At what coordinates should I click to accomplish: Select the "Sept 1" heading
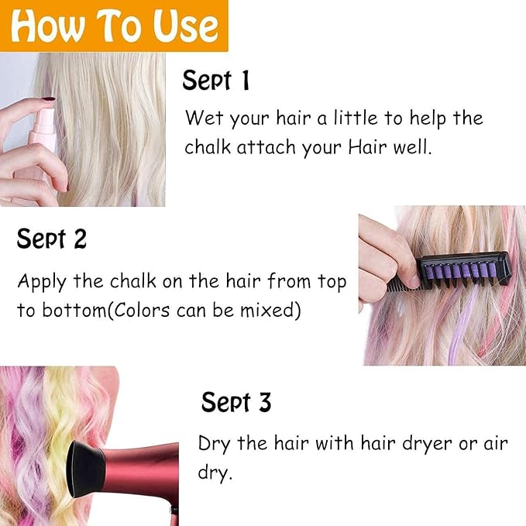point(216,81)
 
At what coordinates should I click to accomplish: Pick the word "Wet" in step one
point(204,119)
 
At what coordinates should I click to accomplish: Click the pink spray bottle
point(43,132)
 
